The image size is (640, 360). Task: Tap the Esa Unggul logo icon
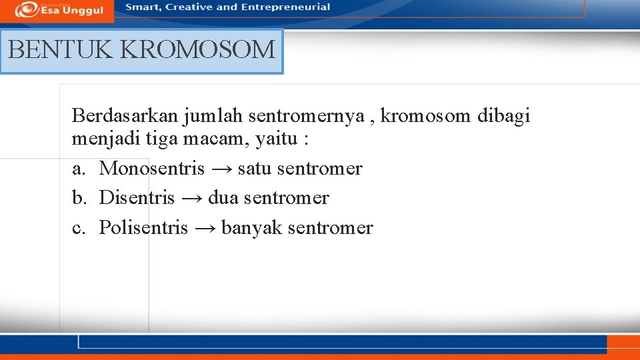coord(26,9)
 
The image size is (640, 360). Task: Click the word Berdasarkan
coord(125,117)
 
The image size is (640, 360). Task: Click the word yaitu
coord(277,139)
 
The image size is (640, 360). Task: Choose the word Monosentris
coord(151,169)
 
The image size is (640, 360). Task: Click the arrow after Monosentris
coord(221,169)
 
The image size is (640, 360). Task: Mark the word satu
coord(254,169)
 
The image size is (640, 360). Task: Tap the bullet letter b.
coord(79,198)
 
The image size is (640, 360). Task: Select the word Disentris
coord(137,198)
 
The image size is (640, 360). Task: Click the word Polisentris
coord(143,228)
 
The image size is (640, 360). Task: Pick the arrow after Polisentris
coord(204,229)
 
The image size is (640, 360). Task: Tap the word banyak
coord(245,228)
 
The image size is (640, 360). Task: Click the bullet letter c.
coord(79,228)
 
